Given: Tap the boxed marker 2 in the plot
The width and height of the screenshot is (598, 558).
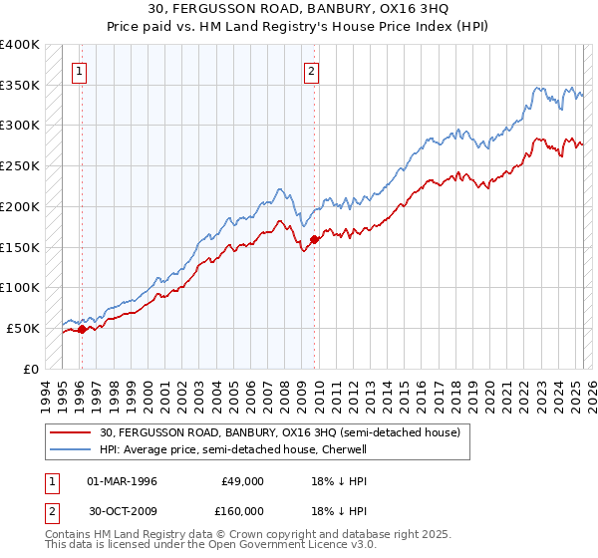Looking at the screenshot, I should tap(312, 71).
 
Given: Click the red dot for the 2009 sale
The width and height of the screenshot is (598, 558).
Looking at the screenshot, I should tap(315, 239).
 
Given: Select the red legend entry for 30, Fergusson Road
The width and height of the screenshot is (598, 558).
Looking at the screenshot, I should tap(279, 433).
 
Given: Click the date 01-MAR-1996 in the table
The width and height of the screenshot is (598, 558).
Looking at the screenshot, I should tap(123, 481).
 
